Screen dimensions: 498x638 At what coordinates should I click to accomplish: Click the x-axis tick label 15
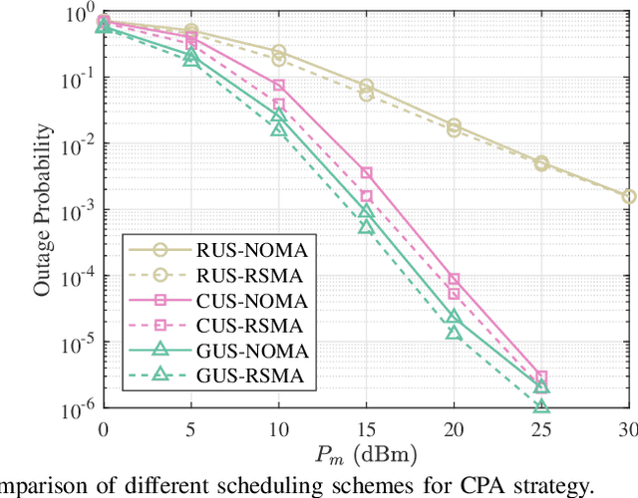click(x=366, y=426)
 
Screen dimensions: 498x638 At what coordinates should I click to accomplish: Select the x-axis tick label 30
click(x=628, y=426)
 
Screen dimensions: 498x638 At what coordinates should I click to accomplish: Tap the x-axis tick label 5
click(x=191, y=426)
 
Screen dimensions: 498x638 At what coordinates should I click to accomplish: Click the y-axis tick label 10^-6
click(x=80, y=408)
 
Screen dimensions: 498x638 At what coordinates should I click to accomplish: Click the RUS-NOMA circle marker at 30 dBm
click(x=628, y=197)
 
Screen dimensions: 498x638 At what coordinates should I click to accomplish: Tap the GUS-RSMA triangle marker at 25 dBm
click(x=541, y=406)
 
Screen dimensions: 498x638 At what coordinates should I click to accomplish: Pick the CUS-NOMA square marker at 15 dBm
click(x=366, y=173)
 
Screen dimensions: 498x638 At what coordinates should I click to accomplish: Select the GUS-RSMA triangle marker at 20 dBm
click(x=454, y=333)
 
